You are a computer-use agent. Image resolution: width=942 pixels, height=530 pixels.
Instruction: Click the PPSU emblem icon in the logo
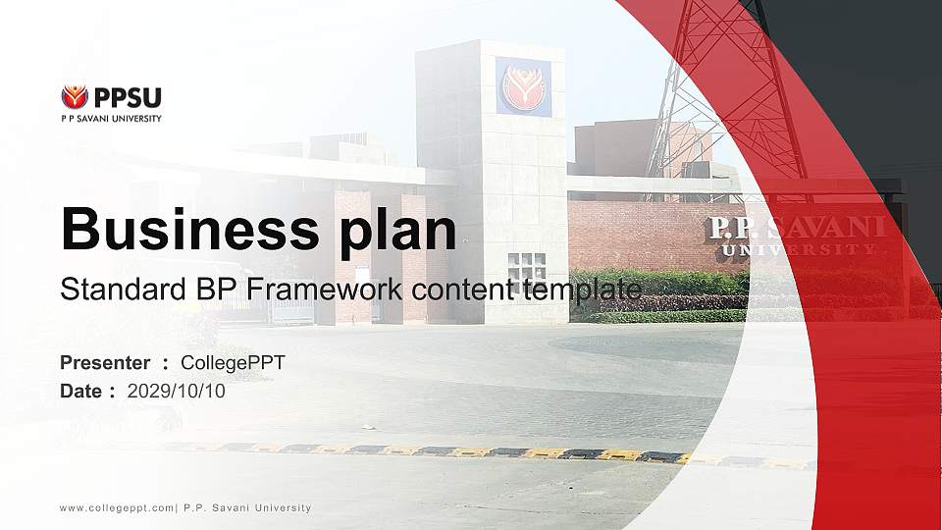coord(75,96)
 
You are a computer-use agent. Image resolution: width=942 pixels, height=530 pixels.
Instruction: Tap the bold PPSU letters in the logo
coord(128,97)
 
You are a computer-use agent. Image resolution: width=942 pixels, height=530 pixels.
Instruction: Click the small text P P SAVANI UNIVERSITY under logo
coord(111,119)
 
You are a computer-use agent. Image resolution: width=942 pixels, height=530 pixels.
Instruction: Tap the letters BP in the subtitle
coord(195,290)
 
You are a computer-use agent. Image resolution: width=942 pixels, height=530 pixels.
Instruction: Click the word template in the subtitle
coord(582,290)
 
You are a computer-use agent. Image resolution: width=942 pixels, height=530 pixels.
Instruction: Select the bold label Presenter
coord(105,363)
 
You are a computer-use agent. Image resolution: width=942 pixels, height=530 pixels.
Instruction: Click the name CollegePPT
coord(233,363)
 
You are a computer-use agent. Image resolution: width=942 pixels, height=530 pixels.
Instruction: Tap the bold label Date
coord(80,392)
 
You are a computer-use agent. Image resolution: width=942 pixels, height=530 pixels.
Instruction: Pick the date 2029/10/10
coord(177,392)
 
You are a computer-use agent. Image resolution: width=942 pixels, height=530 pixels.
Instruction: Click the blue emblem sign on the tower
coord(523,86)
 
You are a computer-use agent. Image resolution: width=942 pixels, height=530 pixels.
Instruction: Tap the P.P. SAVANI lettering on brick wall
coord(796,228)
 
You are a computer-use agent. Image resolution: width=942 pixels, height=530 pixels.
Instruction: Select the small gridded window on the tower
coord(527,266)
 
